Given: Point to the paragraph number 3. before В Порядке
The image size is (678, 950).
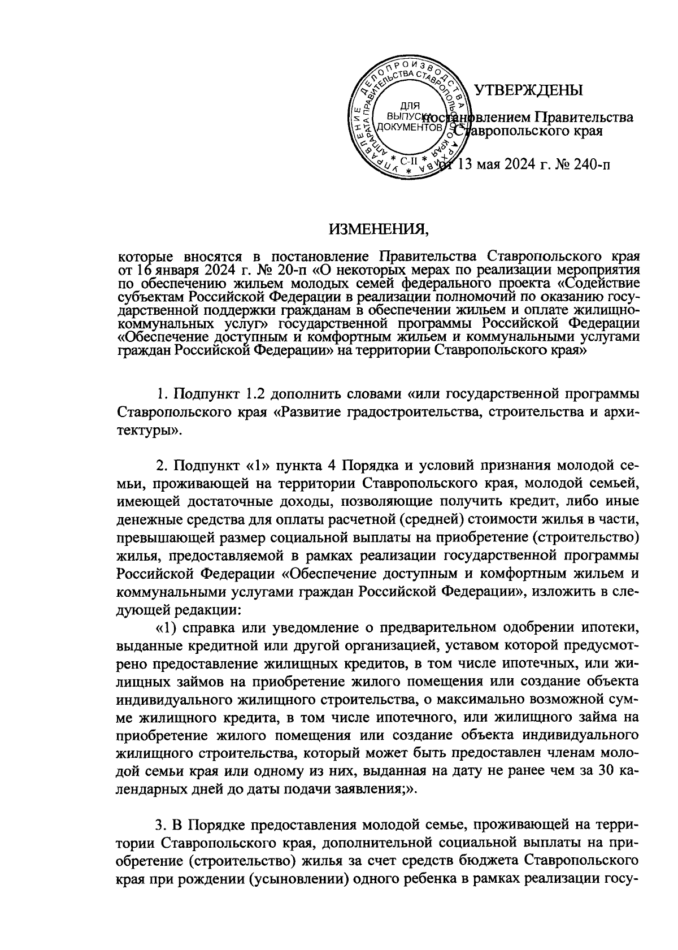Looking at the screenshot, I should (x=163, y=826).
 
